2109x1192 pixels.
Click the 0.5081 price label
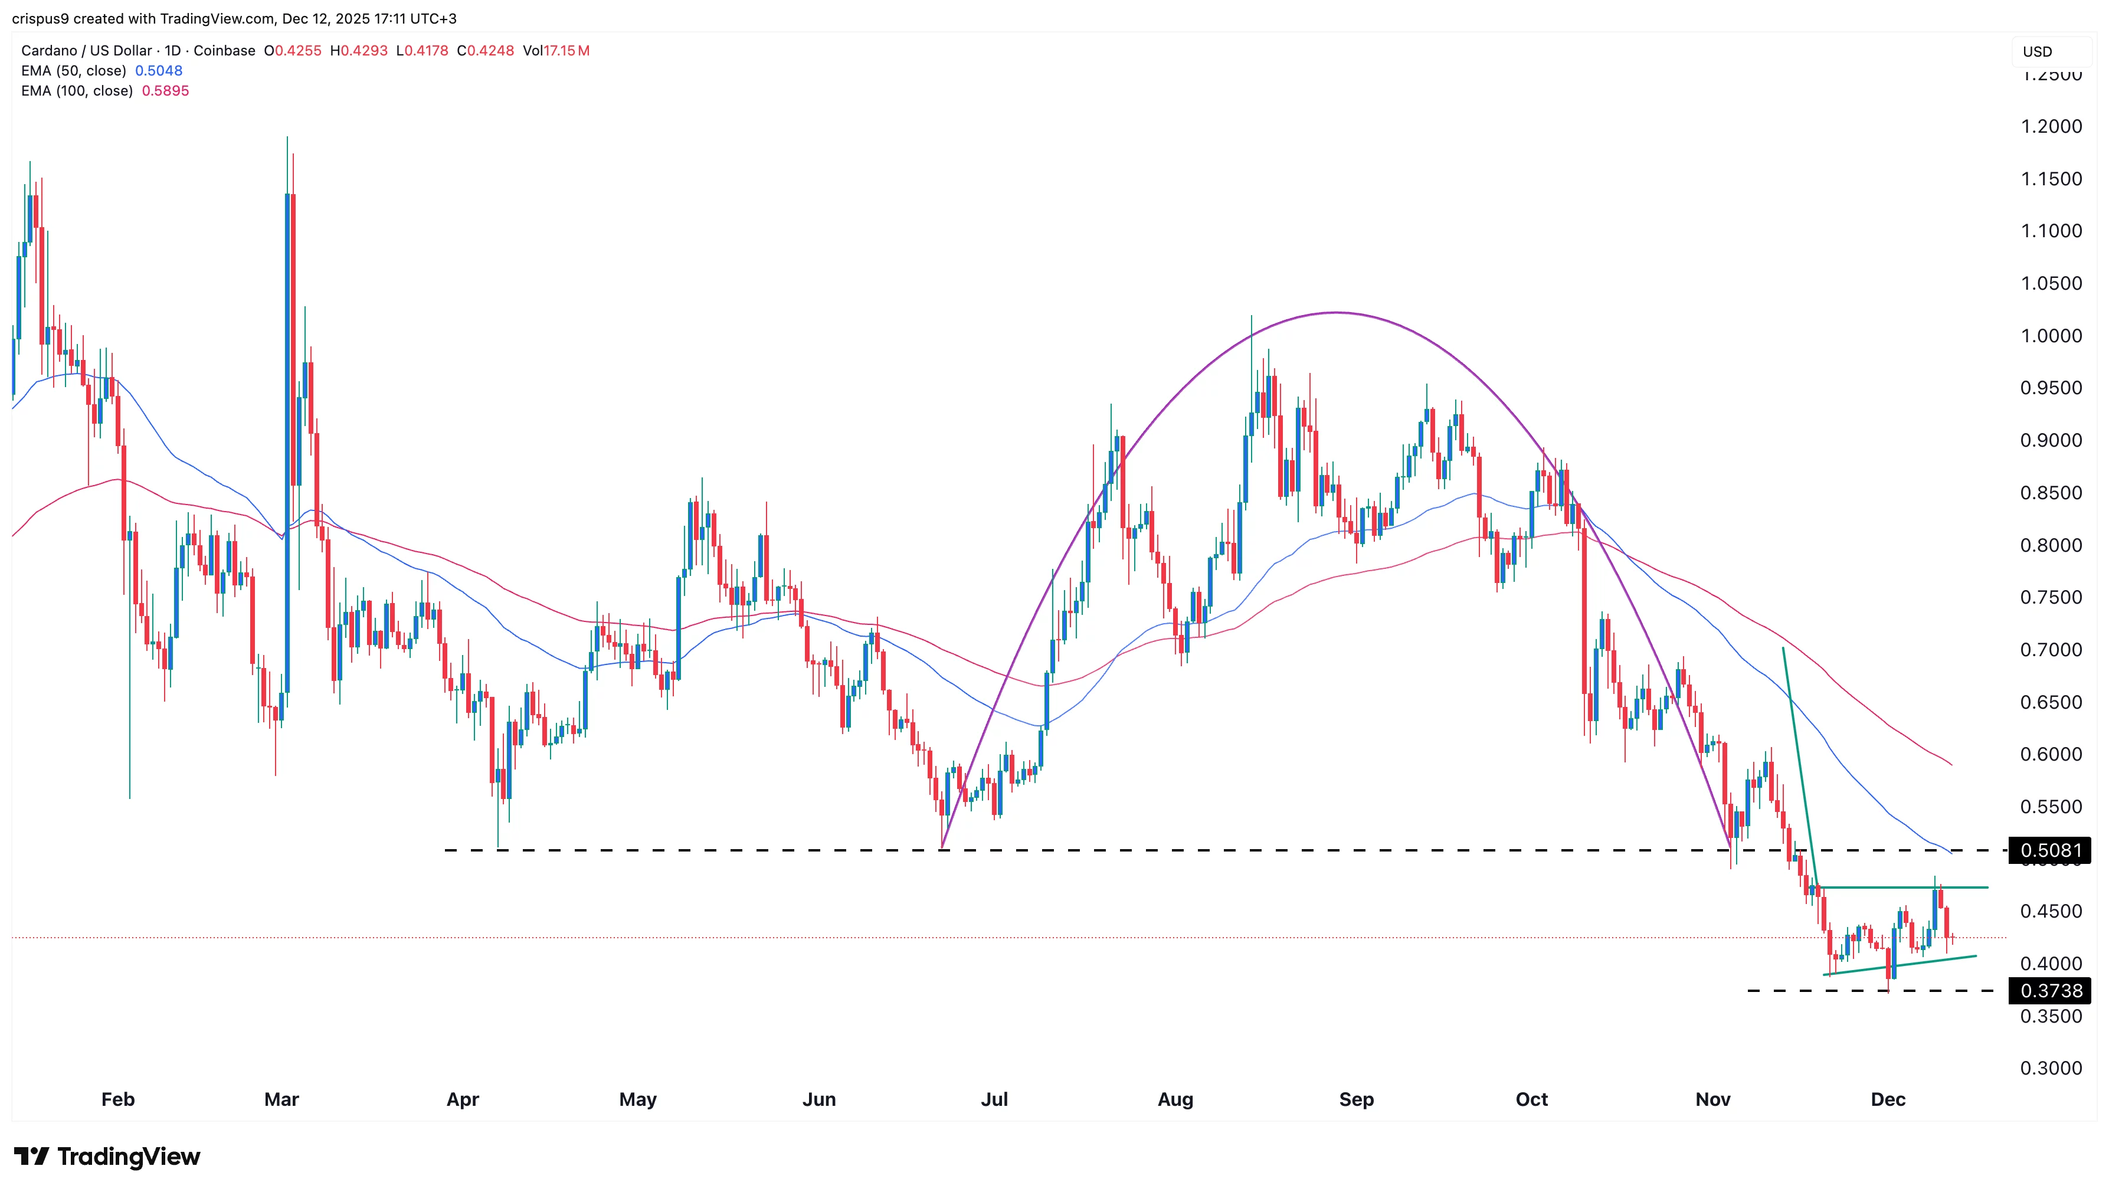[x=2050, y=850]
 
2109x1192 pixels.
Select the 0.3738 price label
[x=2050, y=991]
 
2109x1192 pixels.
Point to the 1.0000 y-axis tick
[x=2050, y=336]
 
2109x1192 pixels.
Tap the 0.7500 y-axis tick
[x=2050, y=598]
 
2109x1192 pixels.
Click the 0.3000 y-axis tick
[x=2050, y=1069]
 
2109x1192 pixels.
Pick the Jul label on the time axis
[x=994, y=1099]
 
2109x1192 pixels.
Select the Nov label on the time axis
[x=1712, y=1099]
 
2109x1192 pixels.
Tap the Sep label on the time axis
[x=1356, y=1099]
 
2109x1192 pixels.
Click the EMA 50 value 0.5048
[x=159, y=70]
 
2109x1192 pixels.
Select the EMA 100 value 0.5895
[x=165, y=91]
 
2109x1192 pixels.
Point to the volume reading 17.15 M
[x=566, y=51]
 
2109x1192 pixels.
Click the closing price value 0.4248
[x=490, y=51]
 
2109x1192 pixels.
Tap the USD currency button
[x=2037, y=51]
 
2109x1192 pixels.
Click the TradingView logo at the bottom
[x=107, y=1156]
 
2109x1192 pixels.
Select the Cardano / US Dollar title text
[x=87, y=51]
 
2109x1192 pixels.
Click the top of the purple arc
[x=1336, y=313]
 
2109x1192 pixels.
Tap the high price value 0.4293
[x=363, y=51]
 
